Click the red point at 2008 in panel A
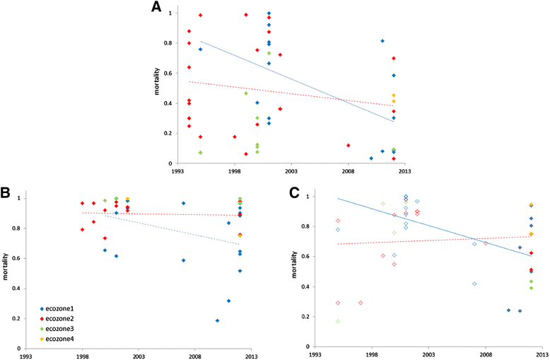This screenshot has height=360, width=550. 348,145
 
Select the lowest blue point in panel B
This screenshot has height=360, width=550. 217,320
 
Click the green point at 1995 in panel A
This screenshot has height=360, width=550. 200,152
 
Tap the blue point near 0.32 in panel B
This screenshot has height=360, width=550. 228,301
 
